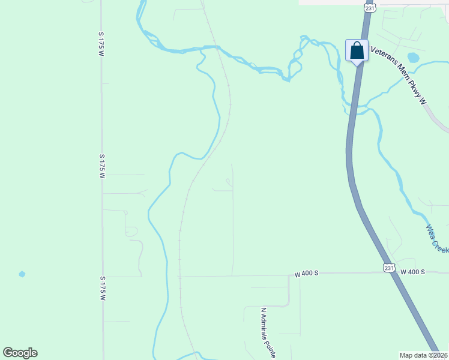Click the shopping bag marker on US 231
pyautogui.click(x=357, y=51)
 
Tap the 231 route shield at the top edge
pyautogui.click(x=369, y=8)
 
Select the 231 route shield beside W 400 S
pyautogui.click(x=389, y=268)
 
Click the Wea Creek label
pyautogui.click(x=436, y=239)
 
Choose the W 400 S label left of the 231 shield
pyautogui.click(x=306, y=274)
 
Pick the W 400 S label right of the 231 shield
pyautogui.click(x=412, y=272)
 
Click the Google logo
pyautogui.click(x=20, y=353)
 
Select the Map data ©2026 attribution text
pyautogui.click(x=423, y=355)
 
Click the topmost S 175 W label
pyautogui.click(x=101, y=44)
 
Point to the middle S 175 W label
pyautogui.click(x=103, y=166)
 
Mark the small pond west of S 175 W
pyautogui.click(x=22, y=274)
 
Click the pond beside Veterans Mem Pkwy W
pyautogui.click(x=412, y=58)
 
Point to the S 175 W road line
pyautogui.click(x=102, y=228)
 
